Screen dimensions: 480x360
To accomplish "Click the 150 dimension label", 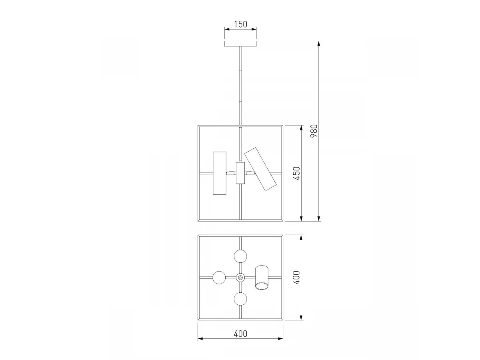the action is [240, 24].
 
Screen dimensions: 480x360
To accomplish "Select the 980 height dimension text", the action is [314, 131].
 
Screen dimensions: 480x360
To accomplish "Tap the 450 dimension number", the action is [296, 173].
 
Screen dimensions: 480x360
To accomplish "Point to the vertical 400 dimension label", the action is [296, 278].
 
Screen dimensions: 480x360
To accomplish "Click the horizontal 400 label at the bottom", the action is [240, 334].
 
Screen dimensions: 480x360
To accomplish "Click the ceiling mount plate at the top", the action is [240, 44].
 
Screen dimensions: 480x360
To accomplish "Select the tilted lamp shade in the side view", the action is [260, 169].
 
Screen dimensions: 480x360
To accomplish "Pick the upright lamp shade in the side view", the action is [220, 173].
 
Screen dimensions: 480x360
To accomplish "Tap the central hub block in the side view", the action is [240, 173].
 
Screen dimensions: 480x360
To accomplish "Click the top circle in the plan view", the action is [240, 256].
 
